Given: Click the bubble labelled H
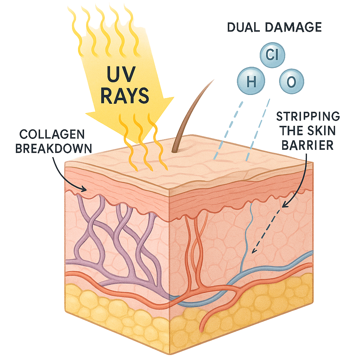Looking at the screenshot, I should tap(251, 82).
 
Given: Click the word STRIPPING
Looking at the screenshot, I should tap(308, 116).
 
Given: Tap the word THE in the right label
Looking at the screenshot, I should tap(291, 131).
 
